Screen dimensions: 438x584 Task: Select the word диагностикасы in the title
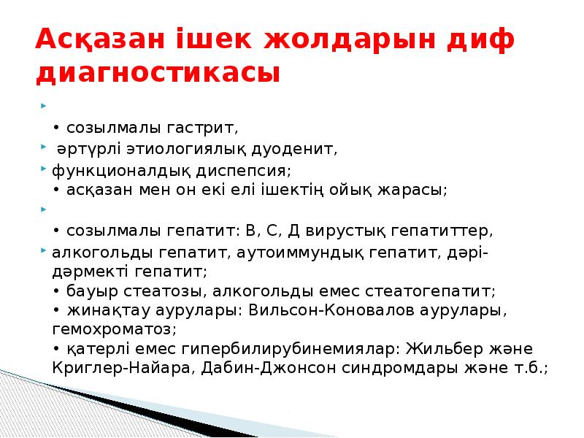(x=158, y=74)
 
